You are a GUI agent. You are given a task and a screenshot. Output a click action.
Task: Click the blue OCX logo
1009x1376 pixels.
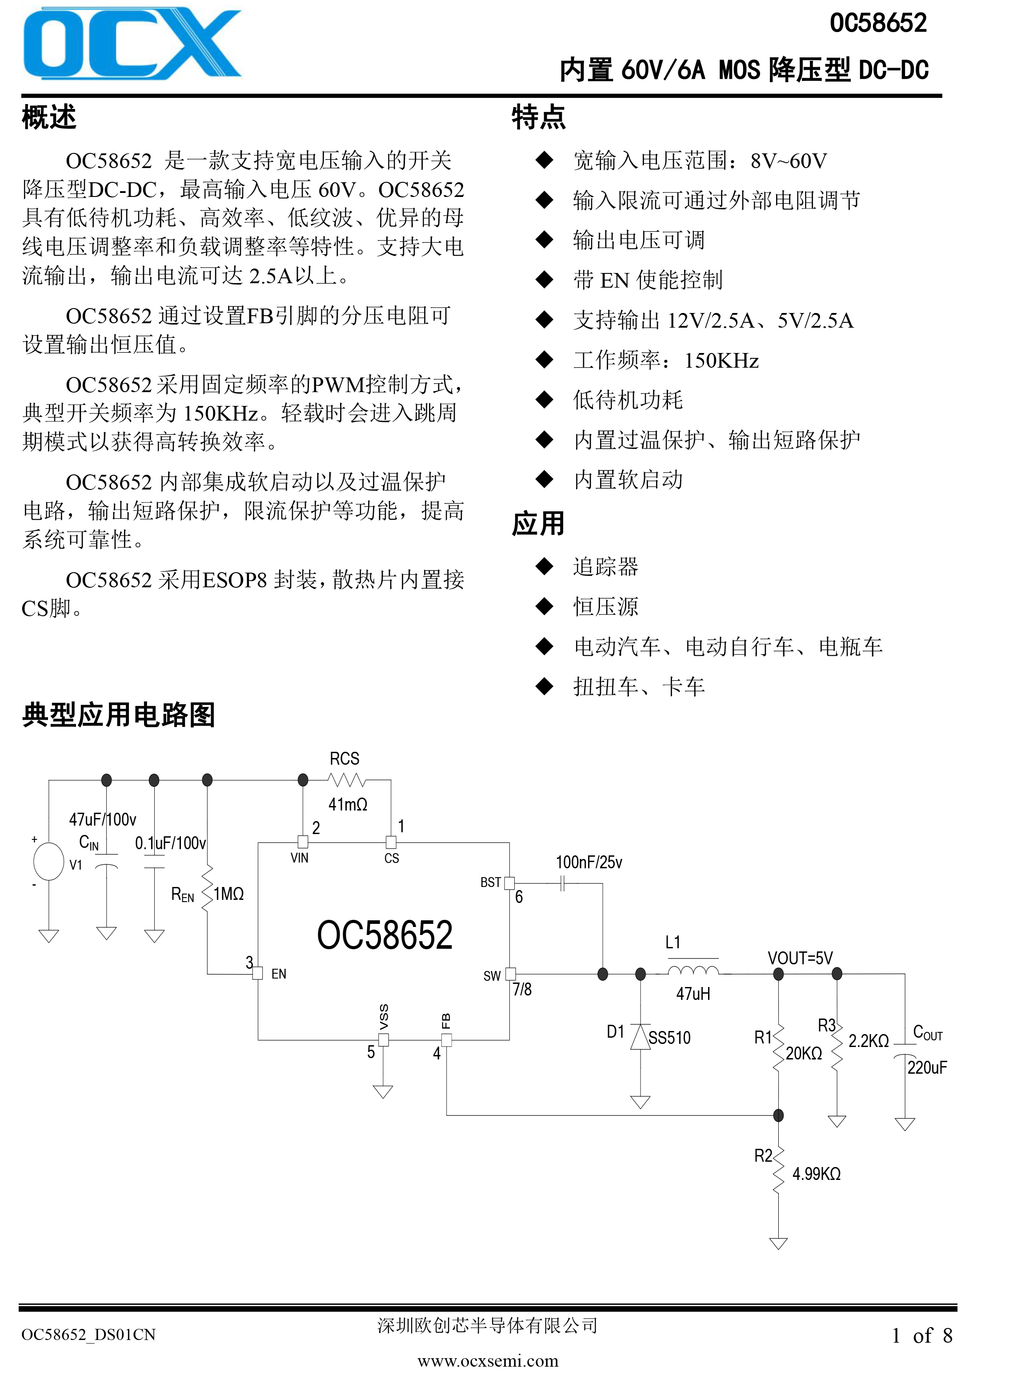tap(132, 44)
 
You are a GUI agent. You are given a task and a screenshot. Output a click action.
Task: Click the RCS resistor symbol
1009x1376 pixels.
tap(346, 780)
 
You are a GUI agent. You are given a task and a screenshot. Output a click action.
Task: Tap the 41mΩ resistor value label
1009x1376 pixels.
tap(348, 804)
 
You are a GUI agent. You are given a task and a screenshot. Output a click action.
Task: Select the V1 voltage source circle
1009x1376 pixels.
tap(49, 861)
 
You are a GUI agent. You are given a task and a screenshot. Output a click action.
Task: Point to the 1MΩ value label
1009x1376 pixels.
tap(229, 894)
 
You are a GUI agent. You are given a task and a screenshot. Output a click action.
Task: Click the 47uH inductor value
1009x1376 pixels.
tap(693, 994)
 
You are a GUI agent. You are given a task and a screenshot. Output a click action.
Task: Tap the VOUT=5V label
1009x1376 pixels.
tap(800, 958)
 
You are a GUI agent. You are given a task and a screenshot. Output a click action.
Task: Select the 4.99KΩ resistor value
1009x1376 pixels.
tap(817, 1174)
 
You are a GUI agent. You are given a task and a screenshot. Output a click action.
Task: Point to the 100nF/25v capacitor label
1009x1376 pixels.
tap(589, 863)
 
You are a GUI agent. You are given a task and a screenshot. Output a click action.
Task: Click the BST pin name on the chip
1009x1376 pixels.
tap(490, 883)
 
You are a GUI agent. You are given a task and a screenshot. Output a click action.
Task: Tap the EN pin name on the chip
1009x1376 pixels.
tap(279, 974)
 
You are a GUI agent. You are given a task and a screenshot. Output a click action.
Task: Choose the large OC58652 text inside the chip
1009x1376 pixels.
tap(385, 935)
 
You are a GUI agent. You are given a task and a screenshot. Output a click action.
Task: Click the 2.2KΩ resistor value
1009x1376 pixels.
tap(869, 1041)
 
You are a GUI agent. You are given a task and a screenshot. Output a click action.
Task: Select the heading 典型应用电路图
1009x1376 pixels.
tap(119, 714)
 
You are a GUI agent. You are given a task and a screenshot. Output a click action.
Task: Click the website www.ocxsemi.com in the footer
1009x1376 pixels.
tap(488, 1361)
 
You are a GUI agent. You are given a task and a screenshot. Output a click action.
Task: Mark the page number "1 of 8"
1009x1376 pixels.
tap(922, 1336)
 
